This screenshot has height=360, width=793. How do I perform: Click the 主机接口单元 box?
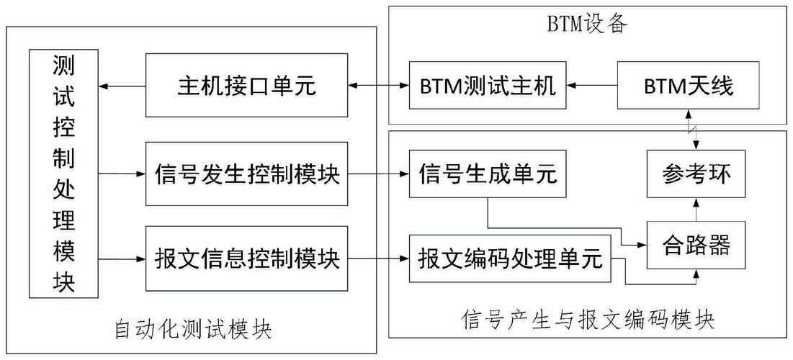[247, 86]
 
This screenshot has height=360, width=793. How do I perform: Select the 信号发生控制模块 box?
[247, 174]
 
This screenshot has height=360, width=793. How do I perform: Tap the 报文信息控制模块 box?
[247, 258]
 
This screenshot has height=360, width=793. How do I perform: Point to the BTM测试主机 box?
[488, 87]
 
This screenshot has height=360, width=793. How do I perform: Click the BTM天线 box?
[688, 87]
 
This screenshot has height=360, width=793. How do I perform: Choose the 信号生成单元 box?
[488, 174]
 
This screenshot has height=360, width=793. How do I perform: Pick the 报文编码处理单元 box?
[510, 258]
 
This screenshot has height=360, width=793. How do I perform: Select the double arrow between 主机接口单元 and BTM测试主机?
[379, 87]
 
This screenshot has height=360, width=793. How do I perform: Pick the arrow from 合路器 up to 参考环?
[696, 210]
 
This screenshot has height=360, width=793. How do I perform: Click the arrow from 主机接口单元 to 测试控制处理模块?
[122, 86]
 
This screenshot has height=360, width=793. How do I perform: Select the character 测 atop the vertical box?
[63, 67]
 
